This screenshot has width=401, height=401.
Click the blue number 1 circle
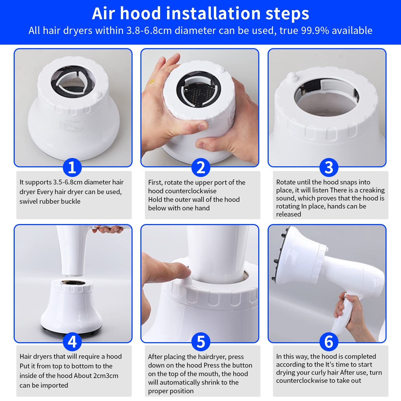72,167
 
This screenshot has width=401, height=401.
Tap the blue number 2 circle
201,167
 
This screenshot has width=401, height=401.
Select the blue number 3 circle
329,167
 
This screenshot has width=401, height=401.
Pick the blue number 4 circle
72,342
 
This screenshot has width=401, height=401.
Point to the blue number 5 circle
201,342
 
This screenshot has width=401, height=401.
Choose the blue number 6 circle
329,342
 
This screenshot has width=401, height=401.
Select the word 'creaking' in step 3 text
372,190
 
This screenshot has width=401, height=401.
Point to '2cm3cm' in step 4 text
106,376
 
